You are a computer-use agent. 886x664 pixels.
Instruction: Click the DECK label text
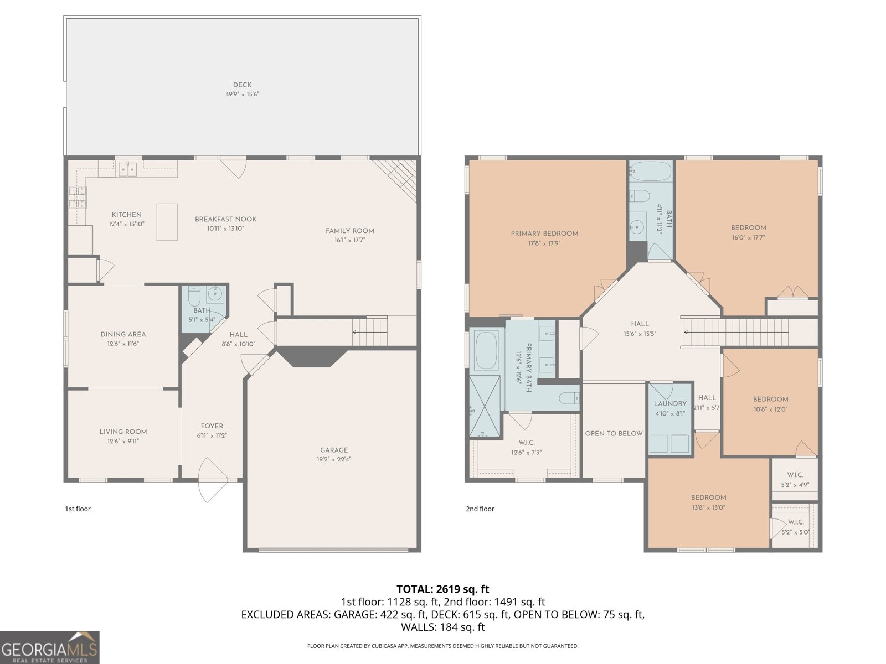[x=242, y=85]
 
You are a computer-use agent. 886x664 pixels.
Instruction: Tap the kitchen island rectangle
[x=167, y=222]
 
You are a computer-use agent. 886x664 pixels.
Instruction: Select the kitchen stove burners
[x=78, y=198]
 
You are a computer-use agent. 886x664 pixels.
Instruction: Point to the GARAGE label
[x=334, y=450]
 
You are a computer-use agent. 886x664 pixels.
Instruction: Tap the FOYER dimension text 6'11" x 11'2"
[x=212, y=435]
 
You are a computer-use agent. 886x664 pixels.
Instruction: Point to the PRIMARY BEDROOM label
[x=544, y=234]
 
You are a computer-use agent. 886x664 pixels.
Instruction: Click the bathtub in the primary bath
[x=486, y=350]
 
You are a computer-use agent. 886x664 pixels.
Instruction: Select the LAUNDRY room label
[x=670, y=404]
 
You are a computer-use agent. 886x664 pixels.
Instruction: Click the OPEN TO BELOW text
[x=614, y=433]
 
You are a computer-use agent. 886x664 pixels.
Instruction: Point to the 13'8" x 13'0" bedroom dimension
[x=708, y=507]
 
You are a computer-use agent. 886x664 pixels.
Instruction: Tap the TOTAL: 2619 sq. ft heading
[x=442, y=589]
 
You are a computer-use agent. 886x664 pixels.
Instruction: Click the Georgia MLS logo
[x=50, y=647]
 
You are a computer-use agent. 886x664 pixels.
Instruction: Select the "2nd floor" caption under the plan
[x=480, y=509]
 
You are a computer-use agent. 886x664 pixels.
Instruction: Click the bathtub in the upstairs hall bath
[x=650, y=173]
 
